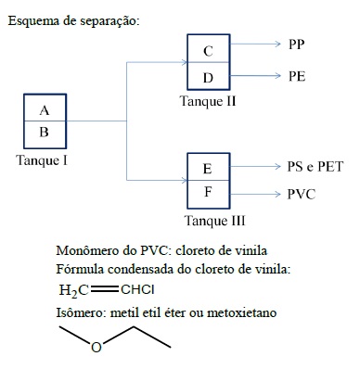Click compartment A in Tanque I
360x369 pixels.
pyautogui.click(x=45, y=108)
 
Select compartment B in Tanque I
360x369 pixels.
pyautogui.click(x=45, y=134)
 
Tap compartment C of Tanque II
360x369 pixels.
pyautogui.click(x=209, y=48)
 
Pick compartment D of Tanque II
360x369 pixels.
pyautogui.click(x=209, y=76)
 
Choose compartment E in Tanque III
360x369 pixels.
pyautogui.click(x=209, y=167)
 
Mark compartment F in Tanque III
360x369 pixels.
pyautogui.click(x=209, y=195)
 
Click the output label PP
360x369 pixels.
pyautogui.click(x=297, y=45)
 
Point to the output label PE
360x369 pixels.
pyautogui.click(x=297, y=76)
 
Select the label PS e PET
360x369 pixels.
pyautogui.click(x=315, y=167)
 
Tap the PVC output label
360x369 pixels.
pyautogui.click(x=302, y=195)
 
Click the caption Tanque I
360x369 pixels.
pyautogui.click(x=42, y=160)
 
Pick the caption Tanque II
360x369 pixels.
pyautogui.click(x=208, y=101)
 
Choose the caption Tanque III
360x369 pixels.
pyautogui.click(x=214, y=221)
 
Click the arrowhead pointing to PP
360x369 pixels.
pyautogui.click(x=277, y=44)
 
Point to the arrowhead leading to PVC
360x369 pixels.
pyautogui.click(x=277, y=194)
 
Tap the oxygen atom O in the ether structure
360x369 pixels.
pyautogui.click(x=96, y=348)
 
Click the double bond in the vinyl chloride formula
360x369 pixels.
pyautogui.click(x=105, y=289)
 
